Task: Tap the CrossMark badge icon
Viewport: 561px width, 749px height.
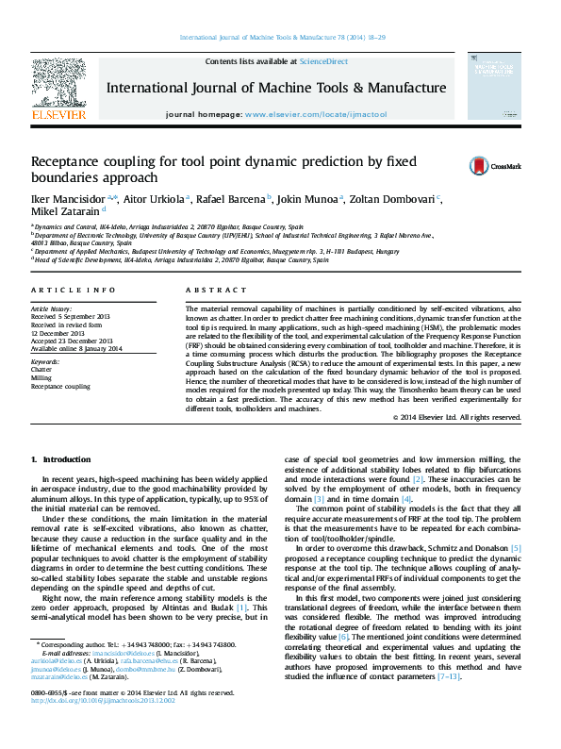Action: coord(479,166)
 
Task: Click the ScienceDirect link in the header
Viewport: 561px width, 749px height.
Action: coord(323,60)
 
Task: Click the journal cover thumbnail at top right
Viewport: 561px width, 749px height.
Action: coord(500,86)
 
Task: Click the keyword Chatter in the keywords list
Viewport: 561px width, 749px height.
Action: coord(42,370)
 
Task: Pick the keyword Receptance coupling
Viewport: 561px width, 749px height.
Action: coord(61,386)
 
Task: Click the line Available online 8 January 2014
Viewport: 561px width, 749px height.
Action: coord(77,348)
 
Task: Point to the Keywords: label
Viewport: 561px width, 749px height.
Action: coord(46,362)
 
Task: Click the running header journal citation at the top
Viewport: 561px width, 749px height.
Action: coord(280,38)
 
